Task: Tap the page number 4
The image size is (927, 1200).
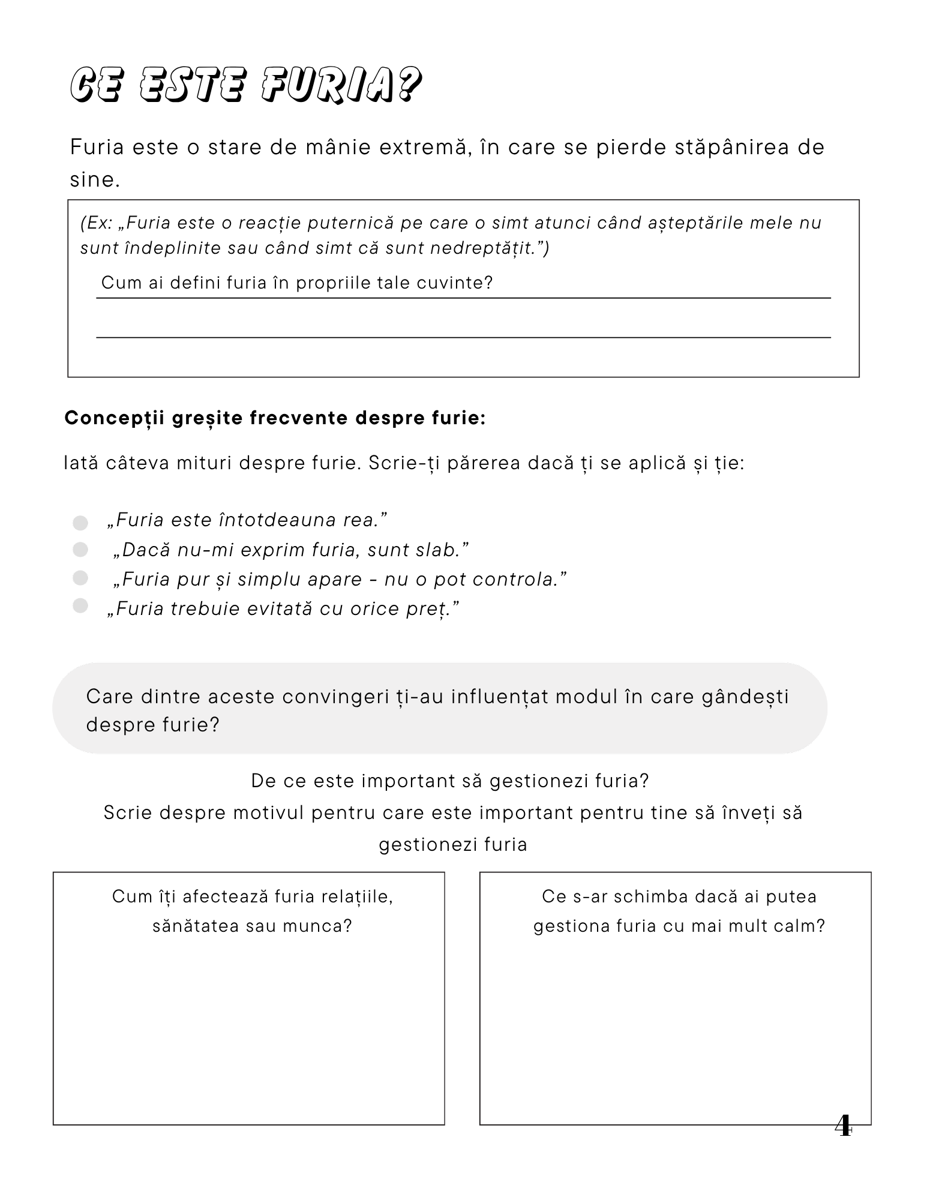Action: tap(843, 1126)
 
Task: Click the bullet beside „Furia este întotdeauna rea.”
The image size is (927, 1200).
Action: tap(80, 523)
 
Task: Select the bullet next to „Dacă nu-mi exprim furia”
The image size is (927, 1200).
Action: tap(80, 549)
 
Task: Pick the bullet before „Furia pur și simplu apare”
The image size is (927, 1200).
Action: tap(80, 578)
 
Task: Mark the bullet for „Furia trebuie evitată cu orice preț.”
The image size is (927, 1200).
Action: tap(80, 606)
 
